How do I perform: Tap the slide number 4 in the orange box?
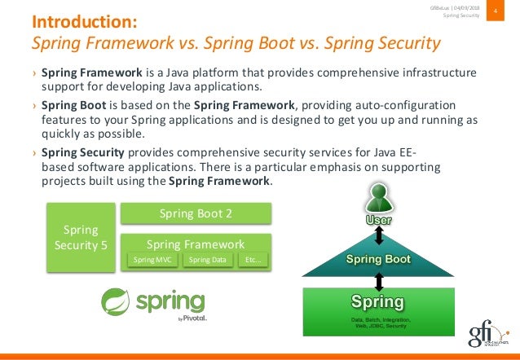tap(495, 11)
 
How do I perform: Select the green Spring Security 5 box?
tap(80, 237)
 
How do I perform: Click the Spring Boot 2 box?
tap(195, 213)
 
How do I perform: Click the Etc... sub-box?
tap(253, 260)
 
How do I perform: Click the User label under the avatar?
tap(377, 221)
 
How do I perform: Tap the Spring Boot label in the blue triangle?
tap(378, 259)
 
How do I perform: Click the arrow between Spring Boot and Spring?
tap(378, 281)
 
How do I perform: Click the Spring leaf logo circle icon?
tap(116, 301)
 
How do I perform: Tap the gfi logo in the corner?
tap(487, 335)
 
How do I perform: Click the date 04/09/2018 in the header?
tap(464, 7)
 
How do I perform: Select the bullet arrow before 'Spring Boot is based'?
tap(34, 106)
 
